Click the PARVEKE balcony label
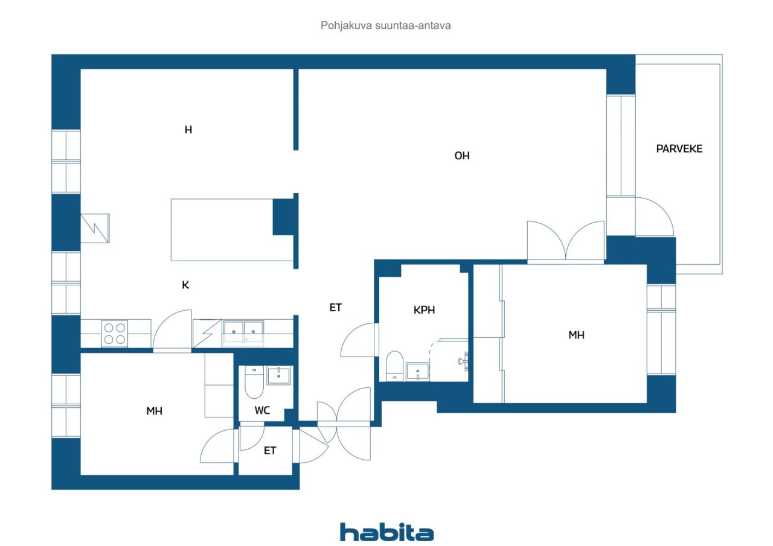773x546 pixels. pos(679,148)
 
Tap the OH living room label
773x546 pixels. pos(462,156)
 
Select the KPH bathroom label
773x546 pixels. pos(424,310)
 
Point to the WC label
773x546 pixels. pos(262,410)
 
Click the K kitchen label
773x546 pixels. pos(185,285)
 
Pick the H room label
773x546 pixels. pos(188,130)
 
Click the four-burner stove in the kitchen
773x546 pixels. pos(114,334)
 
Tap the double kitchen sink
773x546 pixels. pos(243,332)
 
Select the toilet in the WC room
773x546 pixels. pos(254,383)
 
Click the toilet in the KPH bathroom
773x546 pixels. pos(394,366)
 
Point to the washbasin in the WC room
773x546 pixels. pos(278,375)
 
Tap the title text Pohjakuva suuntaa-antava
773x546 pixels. pos(385,25)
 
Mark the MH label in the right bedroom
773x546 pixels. pos(576,335)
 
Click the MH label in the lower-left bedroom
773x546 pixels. pos(154,410)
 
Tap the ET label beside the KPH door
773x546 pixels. pos(335,307)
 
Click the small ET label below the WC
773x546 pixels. pos(270,450)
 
